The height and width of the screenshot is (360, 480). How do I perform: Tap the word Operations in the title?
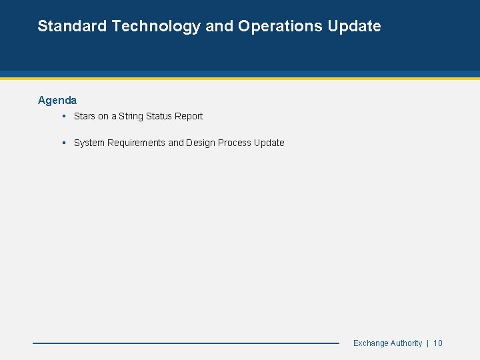(281, 26)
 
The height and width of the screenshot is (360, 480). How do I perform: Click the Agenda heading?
(57, 100)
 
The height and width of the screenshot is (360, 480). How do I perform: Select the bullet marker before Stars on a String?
(63, 116)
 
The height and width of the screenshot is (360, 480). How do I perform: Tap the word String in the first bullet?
(131, 116)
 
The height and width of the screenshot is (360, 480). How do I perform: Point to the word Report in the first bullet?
(189, 116)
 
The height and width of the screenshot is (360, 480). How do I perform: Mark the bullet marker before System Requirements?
(63, 143)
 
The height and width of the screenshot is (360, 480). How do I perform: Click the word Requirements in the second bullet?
(135, 143)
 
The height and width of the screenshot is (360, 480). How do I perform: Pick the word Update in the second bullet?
(269, 143)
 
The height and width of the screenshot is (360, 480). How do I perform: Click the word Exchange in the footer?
(371, 343)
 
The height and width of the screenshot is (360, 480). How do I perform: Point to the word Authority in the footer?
(406, 343)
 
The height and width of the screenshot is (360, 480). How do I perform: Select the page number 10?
(438, 343)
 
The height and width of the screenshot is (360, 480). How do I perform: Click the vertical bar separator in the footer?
(427, 343)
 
